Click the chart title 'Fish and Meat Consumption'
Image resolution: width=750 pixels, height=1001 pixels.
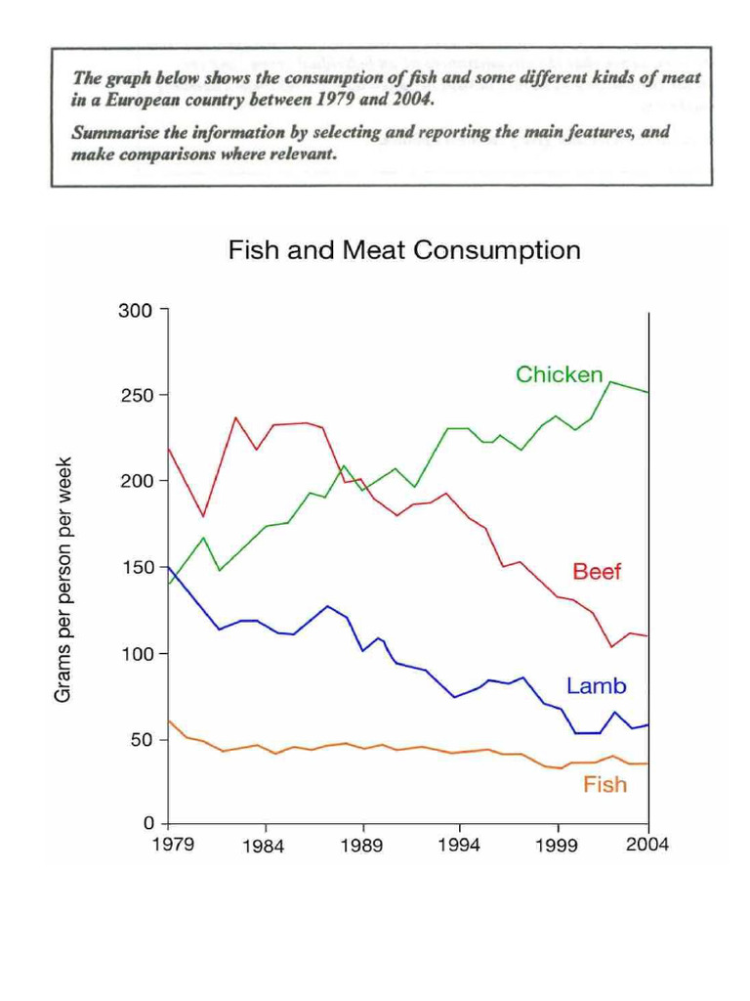(403, 251)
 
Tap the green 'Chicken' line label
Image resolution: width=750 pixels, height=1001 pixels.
(559, 374)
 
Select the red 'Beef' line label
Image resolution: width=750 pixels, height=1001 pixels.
(597, 572)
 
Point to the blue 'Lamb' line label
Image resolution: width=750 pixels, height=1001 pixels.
(596, 686)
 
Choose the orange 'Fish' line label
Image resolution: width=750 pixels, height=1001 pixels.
(604, 784)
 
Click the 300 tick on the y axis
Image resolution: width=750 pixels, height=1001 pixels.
(136, 311)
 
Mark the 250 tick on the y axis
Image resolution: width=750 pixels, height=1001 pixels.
(136, 396)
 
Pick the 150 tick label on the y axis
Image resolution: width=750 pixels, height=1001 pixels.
(136, 568)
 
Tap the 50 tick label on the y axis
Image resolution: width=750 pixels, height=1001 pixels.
(142, 740)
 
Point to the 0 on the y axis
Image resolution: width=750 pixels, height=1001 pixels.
(147, 825)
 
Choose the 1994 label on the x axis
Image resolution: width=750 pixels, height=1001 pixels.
(458, 846)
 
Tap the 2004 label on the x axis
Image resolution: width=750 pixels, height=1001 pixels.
(646, 846)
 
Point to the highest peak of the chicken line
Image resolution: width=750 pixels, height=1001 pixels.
(611, 381)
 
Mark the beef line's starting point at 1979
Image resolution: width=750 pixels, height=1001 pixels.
(169, 449)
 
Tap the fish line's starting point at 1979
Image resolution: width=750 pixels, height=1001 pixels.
(169, 720)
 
